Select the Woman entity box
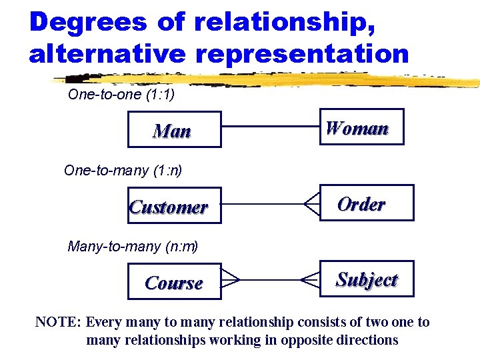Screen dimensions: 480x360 pyautogui.click(x=361, y=127)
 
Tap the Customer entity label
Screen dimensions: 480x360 pyautogui.click(x=168, y=207)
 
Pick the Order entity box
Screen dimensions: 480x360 pyautogui.click(x=366, y=203)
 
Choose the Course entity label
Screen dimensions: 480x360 pyautogui.click(x=173, y=283)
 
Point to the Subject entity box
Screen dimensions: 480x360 pyautogui.click(x=366, y=279)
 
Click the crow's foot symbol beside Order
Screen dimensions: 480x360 pyautogui.click(x=311, y=203)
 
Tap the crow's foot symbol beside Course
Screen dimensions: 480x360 pyautogui.click(x=230, y=279)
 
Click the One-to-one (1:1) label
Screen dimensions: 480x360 pyautogui.click(x=121, y=95)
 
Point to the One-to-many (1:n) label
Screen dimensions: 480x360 pyautogui.click(x=123, y=170)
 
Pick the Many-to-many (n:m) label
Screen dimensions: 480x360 pyautogui.click(x=133, y=247)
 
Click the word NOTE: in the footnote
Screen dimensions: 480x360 pyautogui.click(x=58, y=323)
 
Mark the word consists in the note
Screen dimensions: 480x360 pyautogui.click(x=317, y=323)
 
